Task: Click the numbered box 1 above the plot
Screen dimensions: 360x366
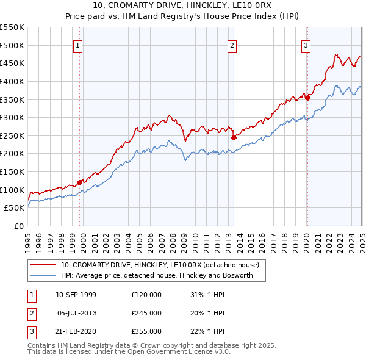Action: pos(79,44)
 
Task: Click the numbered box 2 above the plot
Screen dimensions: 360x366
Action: pos(233,44)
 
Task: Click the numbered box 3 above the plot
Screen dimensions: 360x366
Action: pos(306,44)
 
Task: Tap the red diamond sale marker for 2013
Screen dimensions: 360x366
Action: pos(234,138)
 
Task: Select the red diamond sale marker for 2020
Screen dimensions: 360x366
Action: pos(307,98)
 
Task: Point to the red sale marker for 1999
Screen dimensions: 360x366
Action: pos(79,182)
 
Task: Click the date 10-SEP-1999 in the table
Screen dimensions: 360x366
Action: pos(76,295)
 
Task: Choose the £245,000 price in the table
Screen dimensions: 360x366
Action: pos(146,313)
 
